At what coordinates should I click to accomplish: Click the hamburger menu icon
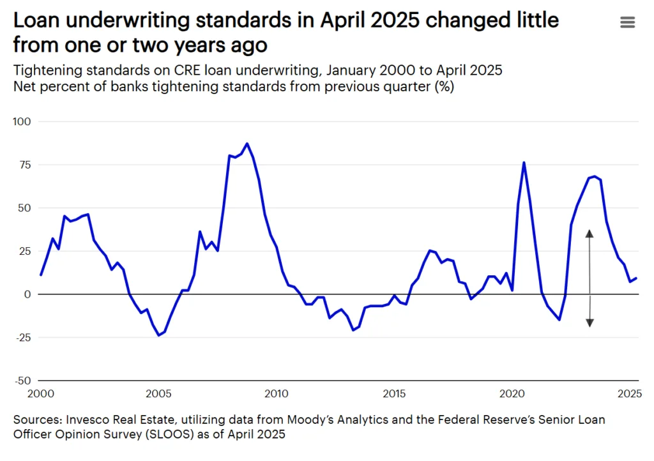627,22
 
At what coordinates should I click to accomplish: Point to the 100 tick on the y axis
22,121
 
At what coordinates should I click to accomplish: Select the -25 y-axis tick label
23,337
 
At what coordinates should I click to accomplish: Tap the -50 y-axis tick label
23,381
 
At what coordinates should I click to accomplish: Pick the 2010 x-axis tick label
276,392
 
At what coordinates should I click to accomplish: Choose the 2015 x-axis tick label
393,392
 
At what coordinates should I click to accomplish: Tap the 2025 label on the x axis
628,392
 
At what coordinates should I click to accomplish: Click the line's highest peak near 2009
247,144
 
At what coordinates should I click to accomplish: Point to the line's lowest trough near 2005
158,335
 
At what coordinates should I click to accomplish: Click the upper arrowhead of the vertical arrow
589,234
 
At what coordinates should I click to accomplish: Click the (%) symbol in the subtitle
445,87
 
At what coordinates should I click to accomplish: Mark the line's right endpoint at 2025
637,278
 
